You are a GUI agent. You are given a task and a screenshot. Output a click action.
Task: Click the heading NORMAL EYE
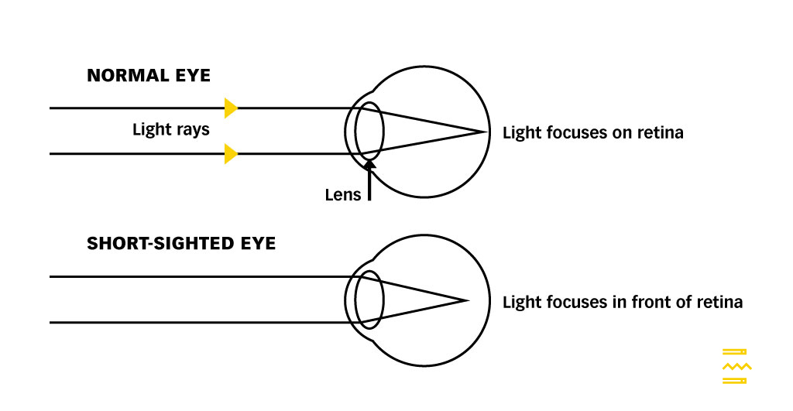(x=149, y=76)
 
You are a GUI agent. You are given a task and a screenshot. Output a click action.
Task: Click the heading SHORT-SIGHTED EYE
(x=181, y=243)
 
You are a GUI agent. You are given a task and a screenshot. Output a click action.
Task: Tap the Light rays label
(x=170, y=129)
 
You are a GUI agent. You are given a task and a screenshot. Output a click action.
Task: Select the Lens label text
(x=342, y=194)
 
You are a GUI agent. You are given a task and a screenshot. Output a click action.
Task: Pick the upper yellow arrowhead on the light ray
(x=230, y=108)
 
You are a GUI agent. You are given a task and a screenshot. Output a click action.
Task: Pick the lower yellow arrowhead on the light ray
(x=230, y=153)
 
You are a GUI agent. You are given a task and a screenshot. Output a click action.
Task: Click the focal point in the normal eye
(x=486, y=132)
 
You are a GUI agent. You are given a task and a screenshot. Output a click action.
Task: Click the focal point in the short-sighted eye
(x=468, y=300)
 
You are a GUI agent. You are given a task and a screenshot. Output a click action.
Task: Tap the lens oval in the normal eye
(x=369, y=130)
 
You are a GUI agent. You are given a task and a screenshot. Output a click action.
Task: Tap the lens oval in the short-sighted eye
(x=369, y=300)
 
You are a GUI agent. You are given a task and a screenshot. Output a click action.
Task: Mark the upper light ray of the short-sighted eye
(x=194, y=276)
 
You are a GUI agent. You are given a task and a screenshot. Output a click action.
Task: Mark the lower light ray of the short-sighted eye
(x=194, y=322)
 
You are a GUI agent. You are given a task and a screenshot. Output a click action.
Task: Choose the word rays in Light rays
(x=192, y=129)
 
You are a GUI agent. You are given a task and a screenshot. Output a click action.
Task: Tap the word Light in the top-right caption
(x=520, y=132)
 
